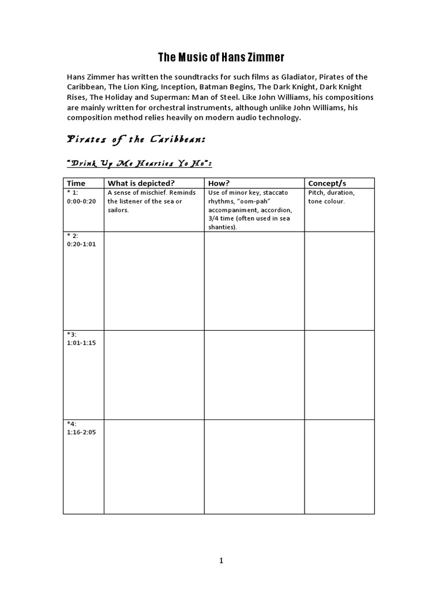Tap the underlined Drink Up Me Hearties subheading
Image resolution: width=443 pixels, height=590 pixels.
140,164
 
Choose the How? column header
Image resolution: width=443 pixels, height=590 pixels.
219,183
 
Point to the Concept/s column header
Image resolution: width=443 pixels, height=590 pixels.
327,183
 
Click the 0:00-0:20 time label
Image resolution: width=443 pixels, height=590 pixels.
81,201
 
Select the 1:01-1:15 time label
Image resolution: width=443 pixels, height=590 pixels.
81,343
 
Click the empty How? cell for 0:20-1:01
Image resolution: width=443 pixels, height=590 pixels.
254,281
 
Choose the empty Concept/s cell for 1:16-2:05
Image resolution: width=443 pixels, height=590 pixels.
339,467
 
